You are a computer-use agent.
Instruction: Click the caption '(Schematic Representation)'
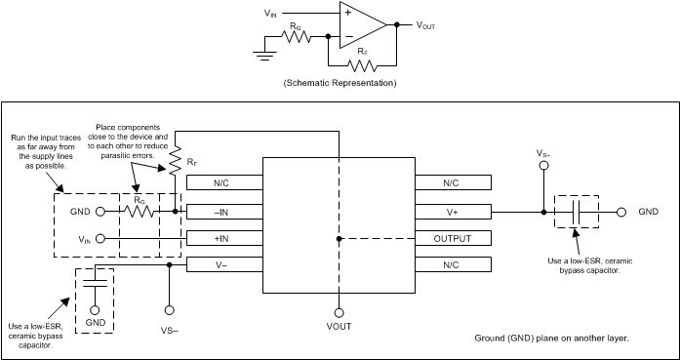click(339, 83)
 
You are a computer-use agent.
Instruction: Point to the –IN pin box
click(223, 210)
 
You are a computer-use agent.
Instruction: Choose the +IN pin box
click(223, 237)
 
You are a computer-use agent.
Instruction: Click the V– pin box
click(223, 264)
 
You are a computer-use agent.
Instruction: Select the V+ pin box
click(453, 211)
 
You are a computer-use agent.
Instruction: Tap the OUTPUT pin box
click(453, 238)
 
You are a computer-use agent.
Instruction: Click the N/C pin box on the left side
click(223, 182)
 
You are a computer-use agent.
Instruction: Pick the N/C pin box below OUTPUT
click(453, 265)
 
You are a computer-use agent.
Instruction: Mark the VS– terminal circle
click(170, 309)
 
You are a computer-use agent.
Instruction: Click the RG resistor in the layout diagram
click(138, 210)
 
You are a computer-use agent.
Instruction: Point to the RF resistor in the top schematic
click(363, 66)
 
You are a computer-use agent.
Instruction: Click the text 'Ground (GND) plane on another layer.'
click(552, 337)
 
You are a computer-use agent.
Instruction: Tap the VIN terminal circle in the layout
click(100, 237)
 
